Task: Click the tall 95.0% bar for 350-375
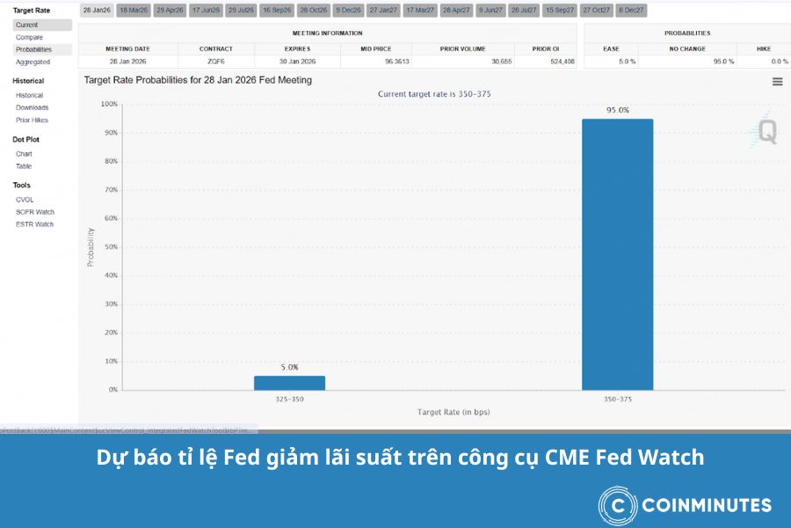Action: (x=617, y=254)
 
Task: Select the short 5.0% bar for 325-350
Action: (x=289, y=383)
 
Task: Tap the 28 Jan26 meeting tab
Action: (x=96, y=11)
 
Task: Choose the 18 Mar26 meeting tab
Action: (x=133, y=11)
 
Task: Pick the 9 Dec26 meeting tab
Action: (x=348, y=11)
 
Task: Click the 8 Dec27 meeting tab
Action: (x=631, y=11)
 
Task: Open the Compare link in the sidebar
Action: (x=29, y=37)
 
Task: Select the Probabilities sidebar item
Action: (x=33, y=49)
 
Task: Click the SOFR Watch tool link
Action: (x=35, y=212)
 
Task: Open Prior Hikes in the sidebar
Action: (x=32, y=120)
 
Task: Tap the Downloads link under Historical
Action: (x=32, y=107)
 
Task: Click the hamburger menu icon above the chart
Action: (x=777, y=82)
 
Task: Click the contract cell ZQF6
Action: (x=216, y=62)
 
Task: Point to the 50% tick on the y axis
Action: (x=110, y=247)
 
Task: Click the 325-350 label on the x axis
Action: (x=289, y=399)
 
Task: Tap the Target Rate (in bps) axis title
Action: (x=454, y=412)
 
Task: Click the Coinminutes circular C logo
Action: (x=618, y=505)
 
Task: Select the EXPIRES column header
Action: (x=297, y=48)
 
